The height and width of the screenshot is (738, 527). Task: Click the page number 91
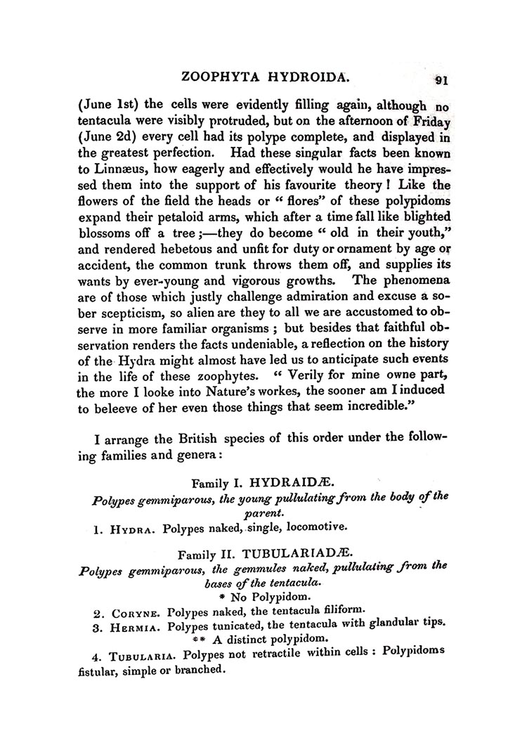coord(441,79)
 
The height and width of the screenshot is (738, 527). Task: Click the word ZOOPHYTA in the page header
coord(221,75)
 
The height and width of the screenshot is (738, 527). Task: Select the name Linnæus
coord(107,170)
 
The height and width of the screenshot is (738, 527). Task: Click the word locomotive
coord(314,525)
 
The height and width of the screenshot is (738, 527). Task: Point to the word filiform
coord(341,609)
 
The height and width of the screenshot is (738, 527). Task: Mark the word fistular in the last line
coord(97,671)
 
